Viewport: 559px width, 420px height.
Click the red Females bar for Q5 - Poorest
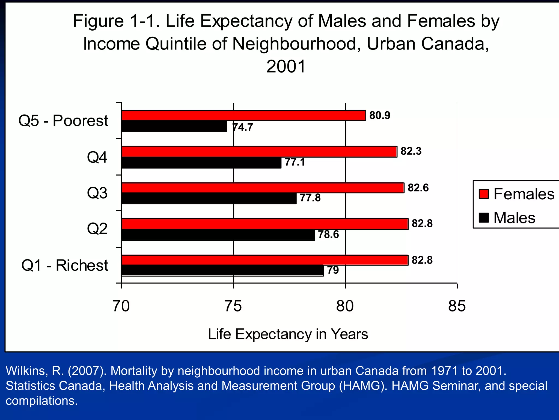point(243,115)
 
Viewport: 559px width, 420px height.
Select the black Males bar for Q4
point(201,163)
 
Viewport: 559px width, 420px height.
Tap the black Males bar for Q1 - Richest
point(222,270)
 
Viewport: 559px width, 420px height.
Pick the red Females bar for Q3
point(263,188)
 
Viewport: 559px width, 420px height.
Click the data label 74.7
point(243,127)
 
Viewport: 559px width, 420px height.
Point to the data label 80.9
point(380,115)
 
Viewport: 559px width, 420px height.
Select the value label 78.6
point(328,234)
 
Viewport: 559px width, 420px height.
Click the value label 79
point(333,270)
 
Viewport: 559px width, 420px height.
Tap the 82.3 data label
point(411,151)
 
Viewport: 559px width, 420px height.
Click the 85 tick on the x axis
point(457,306)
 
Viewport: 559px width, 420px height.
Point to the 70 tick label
point(121,306)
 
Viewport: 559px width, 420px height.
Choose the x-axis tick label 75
point(233,306)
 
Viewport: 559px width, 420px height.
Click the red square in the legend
point(484,194)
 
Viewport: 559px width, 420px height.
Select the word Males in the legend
point(514,218)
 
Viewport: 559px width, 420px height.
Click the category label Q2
point(97,229)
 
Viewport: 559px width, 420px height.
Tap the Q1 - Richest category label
point(65,265)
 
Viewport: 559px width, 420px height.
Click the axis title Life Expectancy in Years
point(288,334)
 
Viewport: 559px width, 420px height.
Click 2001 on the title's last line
point(286,66)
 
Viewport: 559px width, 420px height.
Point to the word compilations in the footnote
point(41,401)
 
